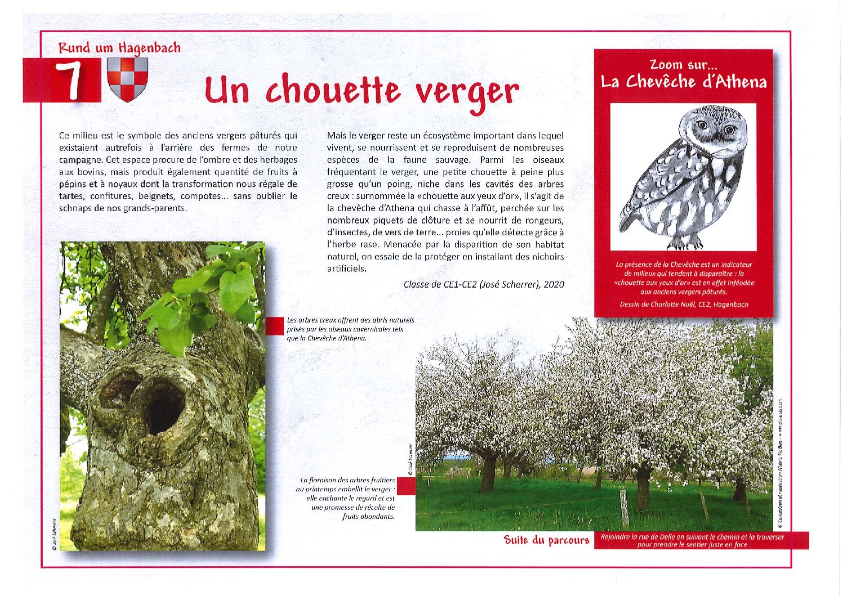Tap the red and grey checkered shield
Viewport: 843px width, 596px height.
[128, 79]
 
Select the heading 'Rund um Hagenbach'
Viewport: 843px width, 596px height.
[119, 48]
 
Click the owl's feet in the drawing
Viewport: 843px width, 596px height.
[688, 243]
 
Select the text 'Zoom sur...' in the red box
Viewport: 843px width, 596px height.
[683, 65]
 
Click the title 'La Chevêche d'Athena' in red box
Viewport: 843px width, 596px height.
[684, 82]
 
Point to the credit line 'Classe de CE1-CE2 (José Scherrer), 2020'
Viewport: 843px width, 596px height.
[483, 285]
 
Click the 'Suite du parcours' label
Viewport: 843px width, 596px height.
[546, 540]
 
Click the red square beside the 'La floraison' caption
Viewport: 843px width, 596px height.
[406, 486]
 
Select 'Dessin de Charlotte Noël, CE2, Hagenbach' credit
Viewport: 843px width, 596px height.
[684, 304]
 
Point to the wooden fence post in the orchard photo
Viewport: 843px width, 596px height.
[624, 507]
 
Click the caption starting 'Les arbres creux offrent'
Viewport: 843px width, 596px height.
[350, 329]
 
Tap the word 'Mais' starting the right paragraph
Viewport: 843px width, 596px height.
[336, 136]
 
